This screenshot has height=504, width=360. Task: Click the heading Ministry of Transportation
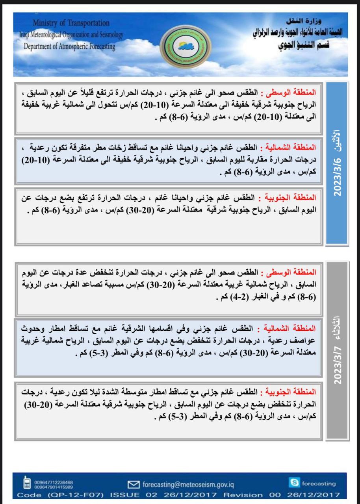pyautogui.click(x=71, y=23)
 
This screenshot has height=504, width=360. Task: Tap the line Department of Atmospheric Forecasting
pyautogui.click(x=69, y=46)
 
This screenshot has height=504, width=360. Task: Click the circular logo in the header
pyautogui.click(x=186, y=46)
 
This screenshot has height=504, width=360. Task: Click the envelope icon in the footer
pyautogui.click(x=134, y=484)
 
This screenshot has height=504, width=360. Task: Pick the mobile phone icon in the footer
pyautogui.click(x=27, y=483)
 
